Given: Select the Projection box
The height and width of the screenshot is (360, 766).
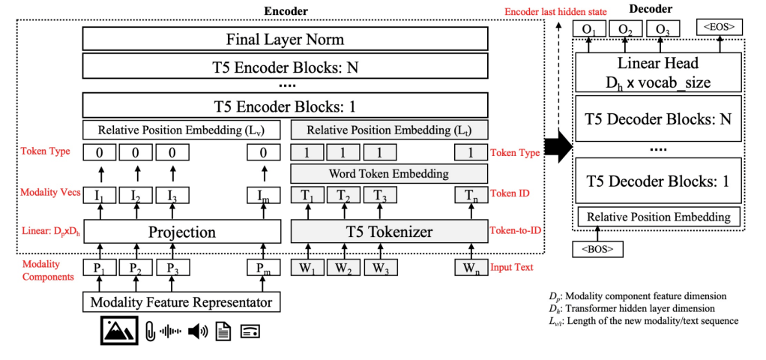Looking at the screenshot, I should click(x=181, y=232).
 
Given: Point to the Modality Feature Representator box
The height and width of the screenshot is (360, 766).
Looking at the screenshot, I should click(x=181, y=303).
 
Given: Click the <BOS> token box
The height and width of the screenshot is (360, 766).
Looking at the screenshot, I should click(x=591, y=247).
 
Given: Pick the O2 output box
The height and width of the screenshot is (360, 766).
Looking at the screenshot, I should click(x=623, y=28).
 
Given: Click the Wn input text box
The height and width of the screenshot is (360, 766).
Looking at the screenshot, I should click(x=471, y=267).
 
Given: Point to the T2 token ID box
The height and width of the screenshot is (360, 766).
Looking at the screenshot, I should click(x=344, y=196).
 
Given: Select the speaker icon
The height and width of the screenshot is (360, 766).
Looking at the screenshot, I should click(x=199, y=331).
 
